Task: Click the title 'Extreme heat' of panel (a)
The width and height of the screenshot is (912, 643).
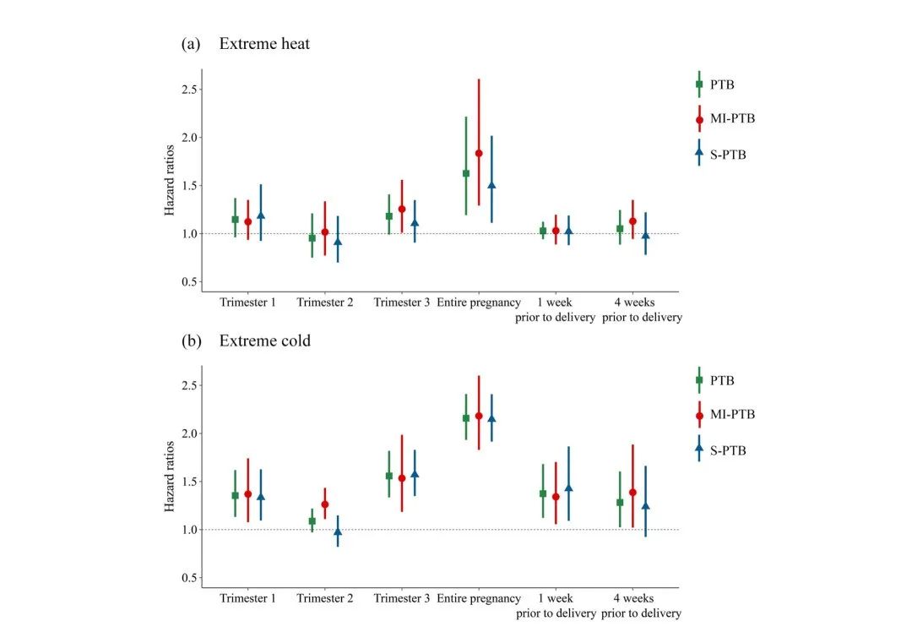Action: [264, 43]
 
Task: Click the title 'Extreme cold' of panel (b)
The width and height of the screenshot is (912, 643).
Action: [264, 341]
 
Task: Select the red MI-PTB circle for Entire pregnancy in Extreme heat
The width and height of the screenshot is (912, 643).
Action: [479, 153]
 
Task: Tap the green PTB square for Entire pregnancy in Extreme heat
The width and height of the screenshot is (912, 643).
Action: [466, 173]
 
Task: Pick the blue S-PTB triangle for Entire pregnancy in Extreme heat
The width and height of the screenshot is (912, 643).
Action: [491, 185]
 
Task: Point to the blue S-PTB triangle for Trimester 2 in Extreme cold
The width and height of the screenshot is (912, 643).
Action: [338, 531]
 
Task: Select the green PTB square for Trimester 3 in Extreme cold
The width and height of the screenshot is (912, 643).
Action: [389, 476]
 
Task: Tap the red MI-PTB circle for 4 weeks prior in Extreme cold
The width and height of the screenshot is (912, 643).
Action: [632, 492]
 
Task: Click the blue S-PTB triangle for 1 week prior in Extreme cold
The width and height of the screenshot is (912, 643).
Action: [568, 488]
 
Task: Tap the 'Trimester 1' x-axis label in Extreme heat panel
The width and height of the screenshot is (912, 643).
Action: [247, 302]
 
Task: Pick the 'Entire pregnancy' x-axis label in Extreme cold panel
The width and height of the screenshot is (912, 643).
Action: [479, 598]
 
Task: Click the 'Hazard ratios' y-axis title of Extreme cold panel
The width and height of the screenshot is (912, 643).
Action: [170, 480]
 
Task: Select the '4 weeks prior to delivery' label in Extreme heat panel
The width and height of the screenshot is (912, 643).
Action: [642, 310]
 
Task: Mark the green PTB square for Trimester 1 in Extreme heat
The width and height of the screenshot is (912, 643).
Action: [236, 220]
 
